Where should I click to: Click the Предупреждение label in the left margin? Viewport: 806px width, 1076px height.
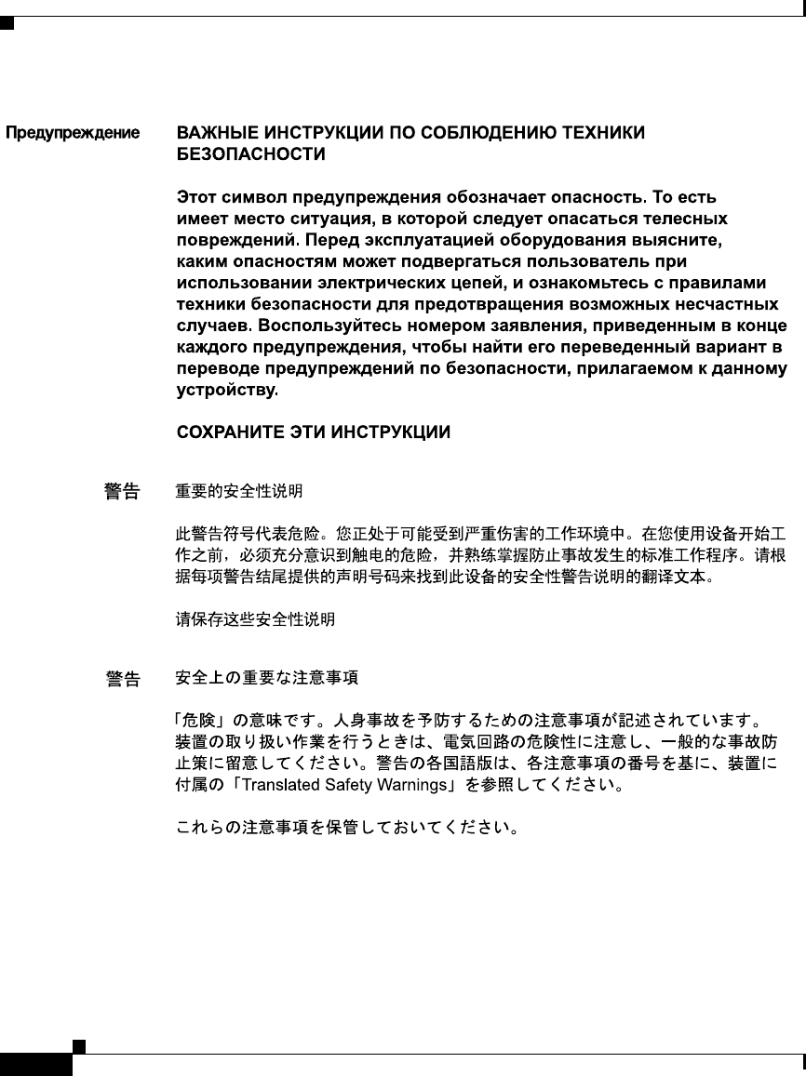coord(74,133)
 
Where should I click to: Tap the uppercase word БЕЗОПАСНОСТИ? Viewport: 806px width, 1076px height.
coord(251,155)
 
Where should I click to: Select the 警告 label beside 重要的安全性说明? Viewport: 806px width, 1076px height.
coord(121,491)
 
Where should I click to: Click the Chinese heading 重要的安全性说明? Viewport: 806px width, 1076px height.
coord(239,490)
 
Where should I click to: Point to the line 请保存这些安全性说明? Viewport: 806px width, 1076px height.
coord(255,618)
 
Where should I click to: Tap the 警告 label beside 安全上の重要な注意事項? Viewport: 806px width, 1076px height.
coord(121,680)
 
